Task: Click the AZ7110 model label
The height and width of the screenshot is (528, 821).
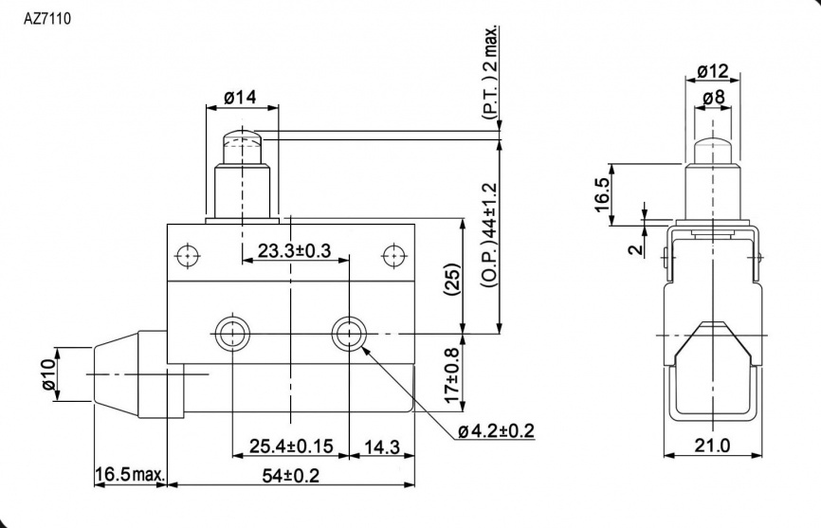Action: point(47,19)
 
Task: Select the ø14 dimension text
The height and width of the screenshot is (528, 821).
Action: point(241,98)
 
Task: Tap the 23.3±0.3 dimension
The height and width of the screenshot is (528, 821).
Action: point(294,251)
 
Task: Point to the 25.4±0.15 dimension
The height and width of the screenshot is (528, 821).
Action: point(291,446)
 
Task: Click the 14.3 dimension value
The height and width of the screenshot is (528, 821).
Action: point(382,446)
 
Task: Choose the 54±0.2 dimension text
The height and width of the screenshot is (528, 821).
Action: point(291,476)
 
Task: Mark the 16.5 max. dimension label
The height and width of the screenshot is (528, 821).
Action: point(130,475)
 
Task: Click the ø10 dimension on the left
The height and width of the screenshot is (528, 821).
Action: point(48,374)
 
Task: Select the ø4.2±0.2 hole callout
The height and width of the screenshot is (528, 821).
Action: point(496,431)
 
